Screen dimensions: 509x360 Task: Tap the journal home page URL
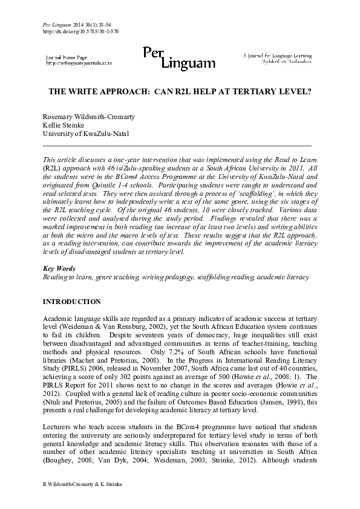click(x=79, y=63)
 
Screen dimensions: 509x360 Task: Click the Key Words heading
click(x=57, y=268)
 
